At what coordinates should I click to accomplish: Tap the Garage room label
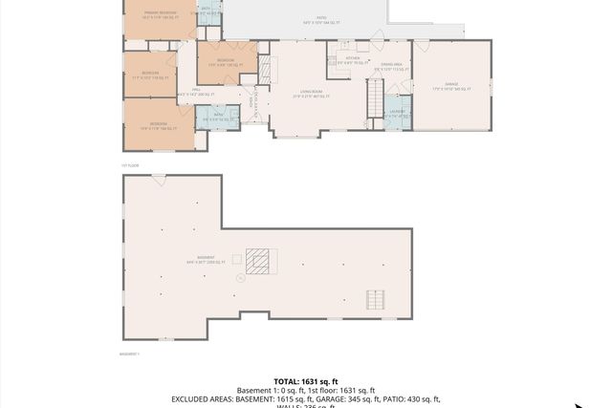tap(451, 85)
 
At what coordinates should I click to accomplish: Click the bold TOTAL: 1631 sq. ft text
tap(305, 380)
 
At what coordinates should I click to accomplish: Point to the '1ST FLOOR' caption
tap(131, 164)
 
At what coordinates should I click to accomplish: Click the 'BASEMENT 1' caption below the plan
tap(130, 354)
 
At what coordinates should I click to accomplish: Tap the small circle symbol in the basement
tap(240, 278)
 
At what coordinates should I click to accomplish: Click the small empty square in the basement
tap(237, 259)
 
